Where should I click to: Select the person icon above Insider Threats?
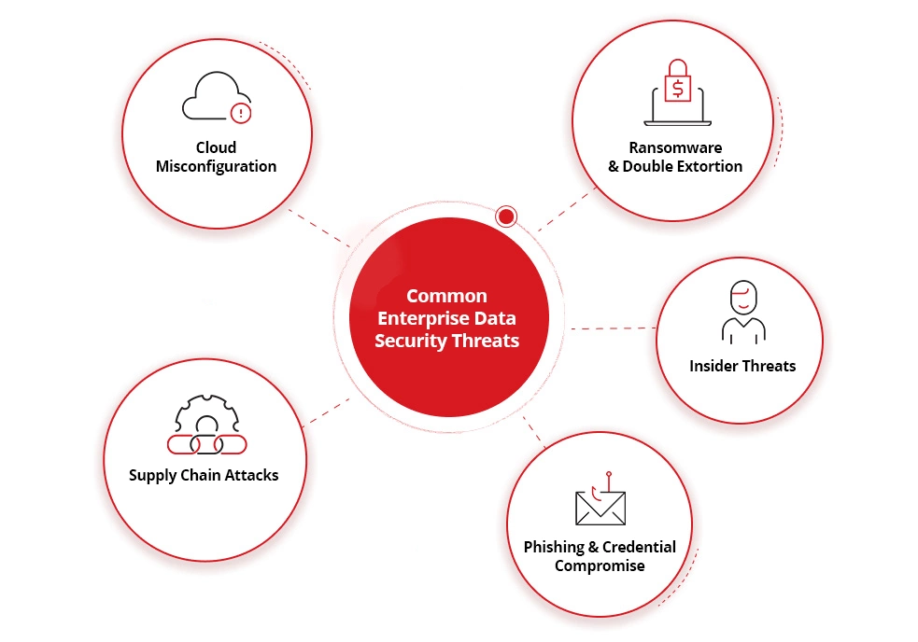point(743,312)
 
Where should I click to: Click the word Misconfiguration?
point(216,167)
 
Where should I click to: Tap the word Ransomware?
point(675,147)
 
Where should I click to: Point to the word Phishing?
point(553,547)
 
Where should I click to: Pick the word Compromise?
point(600,566)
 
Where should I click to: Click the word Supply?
point(152,476)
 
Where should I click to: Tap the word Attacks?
point(252,475)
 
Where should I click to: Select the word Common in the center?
point(446,296)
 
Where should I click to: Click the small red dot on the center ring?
point(506,216)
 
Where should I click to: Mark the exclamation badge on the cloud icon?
point(241,113)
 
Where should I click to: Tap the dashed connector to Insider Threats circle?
point(613,328)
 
